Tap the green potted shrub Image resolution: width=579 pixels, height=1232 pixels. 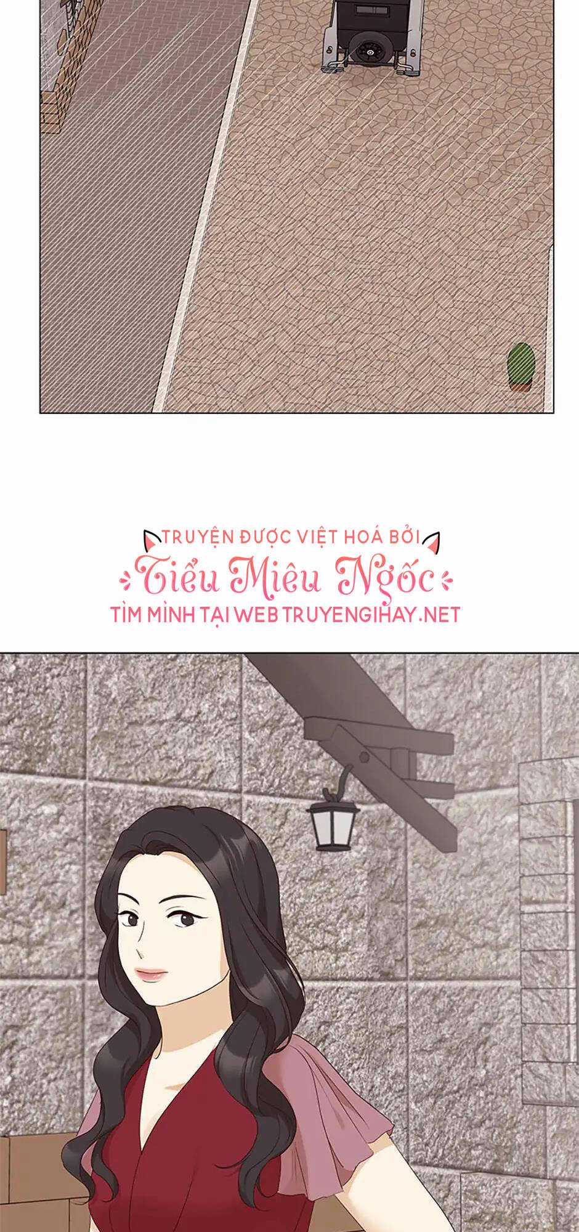(x=521, y=365)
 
